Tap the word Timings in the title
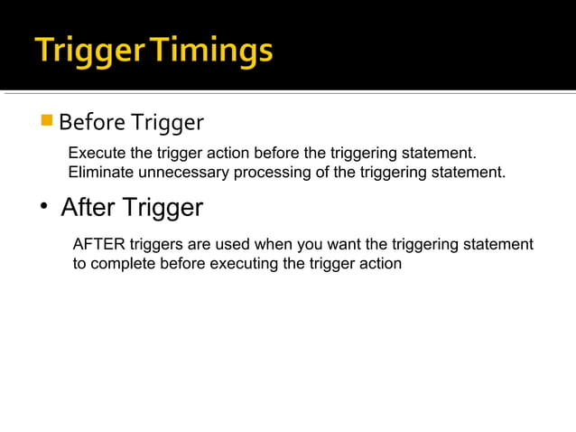tap(212, 52)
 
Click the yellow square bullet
tap(48, 119)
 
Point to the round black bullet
tap(42, 209)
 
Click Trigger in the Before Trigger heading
tap(167, 121)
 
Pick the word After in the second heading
tap(87, 208)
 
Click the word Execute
tap(96, 153)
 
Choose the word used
tap(232, 245)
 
